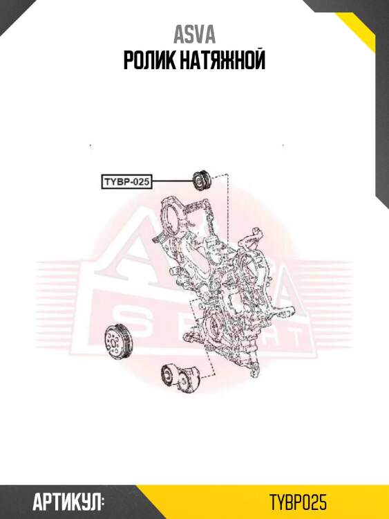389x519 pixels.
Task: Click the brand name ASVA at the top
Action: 194,35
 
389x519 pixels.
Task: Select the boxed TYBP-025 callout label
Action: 126,182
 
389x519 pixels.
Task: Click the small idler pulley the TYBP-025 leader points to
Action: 202,181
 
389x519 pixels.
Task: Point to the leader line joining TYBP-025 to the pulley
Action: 173,181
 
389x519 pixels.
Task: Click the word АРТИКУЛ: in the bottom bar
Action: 68,502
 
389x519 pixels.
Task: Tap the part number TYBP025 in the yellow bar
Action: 298,502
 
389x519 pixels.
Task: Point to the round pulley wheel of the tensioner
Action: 169,375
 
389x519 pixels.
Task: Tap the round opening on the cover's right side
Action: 249,271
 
